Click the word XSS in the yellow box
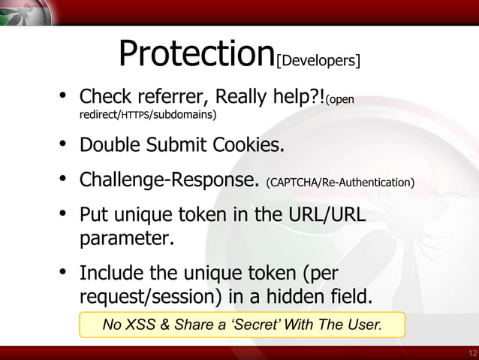(140, 325)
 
